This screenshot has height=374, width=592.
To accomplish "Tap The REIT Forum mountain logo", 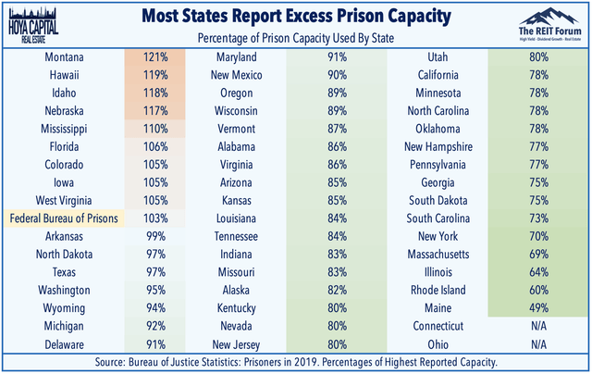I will coord(541,21).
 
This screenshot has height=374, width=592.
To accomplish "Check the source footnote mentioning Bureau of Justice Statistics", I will coord(296,362).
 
